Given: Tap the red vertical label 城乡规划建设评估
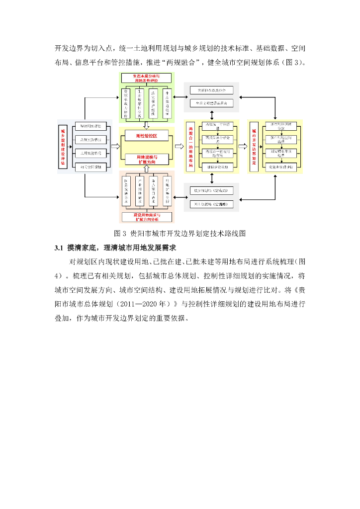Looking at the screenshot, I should tap(63, 148).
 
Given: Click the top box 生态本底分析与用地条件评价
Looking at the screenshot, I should tap(146, 78).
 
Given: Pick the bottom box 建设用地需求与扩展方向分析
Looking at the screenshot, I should tap(146, 217).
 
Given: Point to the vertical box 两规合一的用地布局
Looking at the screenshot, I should tap(190, 147).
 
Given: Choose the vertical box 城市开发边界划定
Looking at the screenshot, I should tap(254, 147).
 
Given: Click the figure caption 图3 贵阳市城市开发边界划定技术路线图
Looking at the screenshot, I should tap(180, 233).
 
